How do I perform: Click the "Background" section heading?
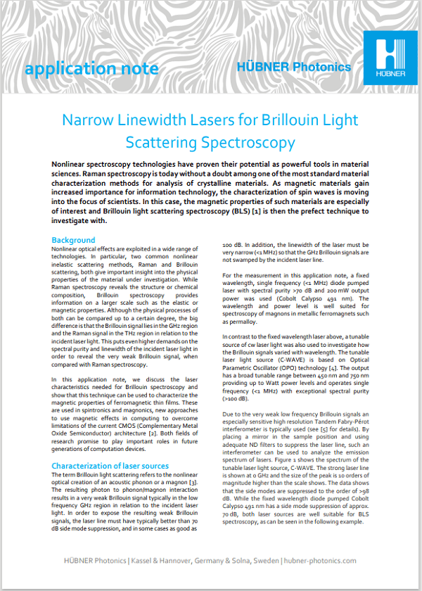coord(73,240)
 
